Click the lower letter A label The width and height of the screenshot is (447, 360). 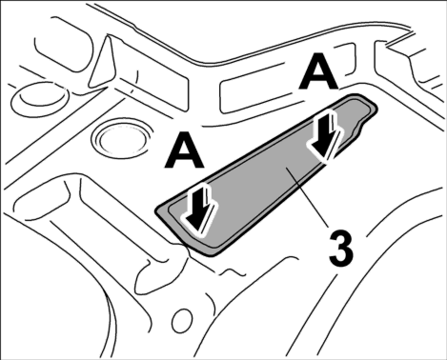184,150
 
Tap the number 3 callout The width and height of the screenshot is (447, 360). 340,250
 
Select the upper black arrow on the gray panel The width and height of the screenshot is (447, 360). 325,136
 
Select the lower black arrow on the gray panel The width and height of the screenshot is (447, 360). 200,210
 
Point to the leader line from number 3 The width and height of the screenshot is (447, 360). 308,197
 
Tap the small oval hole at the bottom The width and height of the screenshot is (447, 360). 182,319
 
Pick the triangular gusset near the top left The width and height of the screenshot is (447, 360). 102,61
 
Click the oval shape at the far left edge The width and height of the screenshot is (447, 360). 39,97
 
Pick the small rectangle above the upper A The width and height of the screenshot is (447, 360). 345,59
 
